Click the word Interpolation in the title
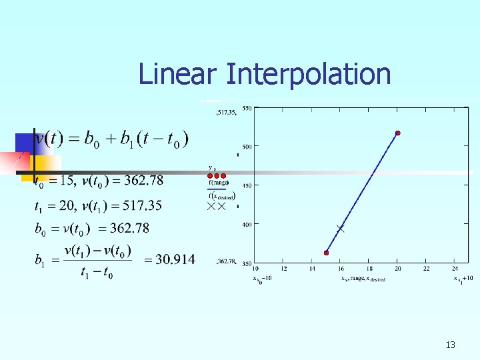(308, 74)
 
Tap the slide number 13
(450, 345)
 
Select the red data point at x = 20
(398, 133)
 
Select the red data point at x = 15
(327, 253)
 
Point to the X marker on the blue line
(341, 229)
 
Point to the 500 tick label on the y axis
(247, 146)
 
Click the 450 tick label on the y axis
(247, 185)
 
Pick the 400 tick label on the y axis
(247, 225)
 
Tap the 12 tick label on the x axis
(284, 269)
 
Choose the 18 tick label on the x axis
(369, 269)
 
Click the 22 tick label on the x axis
(427, 269)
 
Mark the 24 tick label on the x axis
(455, 269)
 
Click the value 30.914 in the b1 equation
(175, 259)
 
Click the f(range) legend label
(219, 183)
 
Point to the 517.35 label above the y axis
(227, 113)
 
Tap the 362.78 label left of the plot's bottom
(227, 262)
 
